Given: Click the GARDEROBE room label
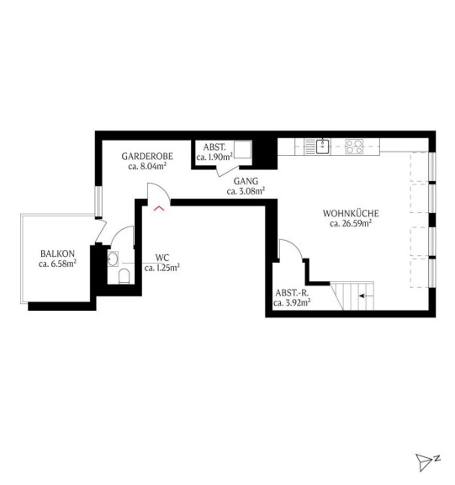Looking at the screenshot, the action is point(147,157).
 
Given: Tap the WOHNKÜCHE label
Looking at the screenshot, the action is point(351,213).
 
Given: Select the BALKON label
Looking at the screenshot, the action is point(57,253).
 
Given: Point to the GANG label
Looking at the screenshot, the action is point(246,181).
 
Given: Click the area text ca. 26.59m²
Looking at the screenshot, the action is point(350,223).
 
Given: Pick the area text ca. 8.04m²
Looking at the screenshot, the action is point(147,167).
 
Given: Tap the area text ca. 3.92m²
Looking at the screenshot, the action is point(292,302).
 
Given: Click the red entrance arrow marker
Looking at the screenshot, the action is point(159,208).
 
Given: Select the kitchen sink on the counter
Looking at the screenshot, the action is point(322,147).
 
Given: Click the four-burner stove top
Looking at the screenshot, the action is point(354,147).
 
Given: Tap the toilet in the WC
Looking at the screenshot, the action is point(124,276).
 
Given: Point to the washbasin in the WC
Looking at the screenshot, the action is point(113,258).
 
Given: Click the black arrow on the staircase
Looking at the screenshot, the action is point(366,296).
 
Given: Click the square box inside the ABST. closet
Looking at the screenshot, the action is point(242,149).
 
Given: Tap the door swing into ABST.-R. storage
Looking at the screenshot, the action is point(291,249).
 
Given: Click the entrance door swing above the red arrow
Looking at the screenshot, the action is point(159,192).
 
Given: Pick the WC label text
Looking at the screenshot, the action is point(161,258).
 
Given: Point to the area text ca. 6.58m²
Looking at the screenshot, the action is point(57,264).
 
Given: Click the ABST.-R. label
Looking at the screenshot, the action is point(292,293).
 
